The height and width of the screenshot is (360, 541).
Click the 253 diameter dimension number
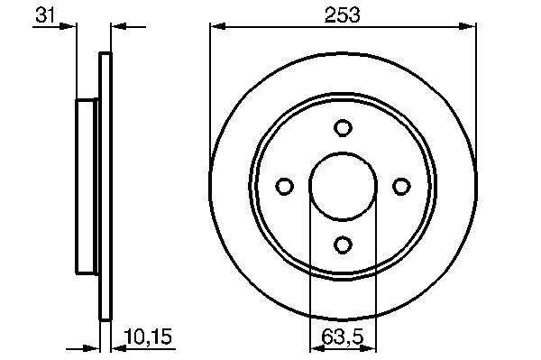343,15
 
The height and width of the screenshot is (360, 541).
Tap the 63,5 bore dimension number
343,337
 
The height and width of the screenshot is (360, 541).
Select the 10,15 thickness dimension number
148,337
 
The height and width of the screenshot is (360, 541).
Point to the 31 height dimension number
45,15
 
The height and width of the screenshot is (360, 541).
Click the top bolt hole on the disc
343,128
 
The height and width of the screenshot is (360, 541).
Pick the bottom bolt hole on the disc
343,245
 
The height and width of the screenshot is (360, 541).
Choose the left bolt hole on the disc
285,187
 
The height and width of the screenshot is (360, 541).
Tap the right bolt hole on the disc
401,187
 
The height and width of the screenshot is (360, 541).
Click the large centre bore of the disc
343,187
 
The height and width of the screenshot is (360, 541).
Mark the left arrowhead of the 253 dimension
217,26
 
